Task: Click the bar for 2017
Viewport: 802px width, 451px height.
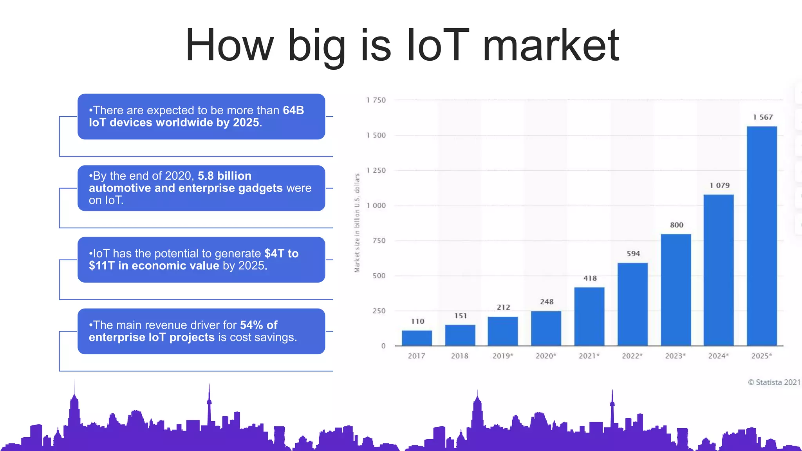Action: (x=417, y=338)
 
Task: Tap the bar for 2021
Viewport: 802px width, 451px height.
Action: (x=589, y=316)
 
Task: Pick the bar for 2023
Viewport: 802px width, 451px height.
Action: (x=676, y=290)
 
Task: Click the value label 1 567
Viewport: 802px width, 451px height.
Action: (x=763, y=117)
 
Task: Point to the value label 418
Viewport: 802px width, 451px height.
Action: (x=590, y=278)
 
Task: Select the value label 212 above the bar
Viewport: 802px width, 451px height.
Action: (x=503, y=307)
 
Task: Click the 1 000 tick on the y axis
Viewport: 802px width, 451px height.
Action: (x=376, y=206)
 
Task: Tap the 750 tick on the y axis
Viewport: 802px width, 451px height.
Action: (x=379, y=241)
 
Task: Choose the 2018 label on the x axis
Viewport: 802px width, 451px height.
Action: (x=459, y=356)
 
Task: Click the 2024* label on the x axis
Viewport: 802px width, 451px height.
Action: (x=718, y=356)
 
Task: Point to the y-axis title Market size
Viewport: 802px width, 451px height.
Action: (x=357, y=223)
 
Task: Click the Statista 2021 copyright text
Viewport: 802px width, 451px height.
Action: (x=774, y=382)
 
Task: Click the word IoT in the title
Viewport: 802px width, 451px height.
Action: (x=438, y=45)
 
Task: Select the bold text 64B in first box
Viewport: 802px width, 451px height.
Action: (x=293, y=110)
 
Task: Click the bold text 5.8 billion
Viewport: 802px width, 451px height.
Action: (x=224, y=176)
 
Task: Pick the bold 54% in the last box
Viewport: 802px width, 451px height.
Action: (x=251, y=325)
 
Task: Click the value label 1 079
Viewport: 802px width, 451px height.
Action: (x=719, y=185)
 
